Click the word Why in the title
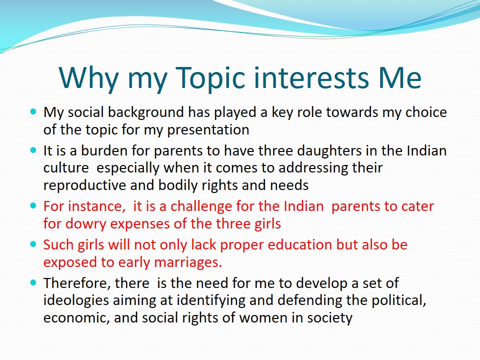pyautogui.click(x=89, y=78)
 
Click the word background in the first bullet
pyautogui.click(x=145, y=112)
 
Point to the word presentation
pyautogui.click(x=208, y=130)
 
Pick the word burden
pyautogui.click(x=104, y=151)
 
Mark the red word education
pyautogui.click(x=300, y=245)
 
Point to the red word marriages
pyautogui.click(x=187, y=262)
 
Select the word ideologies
pyautogui.click(x=76, y=300)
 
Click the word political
pyautogui.click(x=399, y=300)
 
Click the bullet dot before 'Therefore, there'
pyautogui.click(x=33, y=282)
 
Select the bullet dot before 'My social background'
pyautogui.click(x=33, y=111)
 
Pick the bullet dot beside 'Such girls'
pyautogui.click(x=33, y=244)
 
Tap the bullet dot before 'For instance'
pyautogui.click(x=33, y=205)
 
